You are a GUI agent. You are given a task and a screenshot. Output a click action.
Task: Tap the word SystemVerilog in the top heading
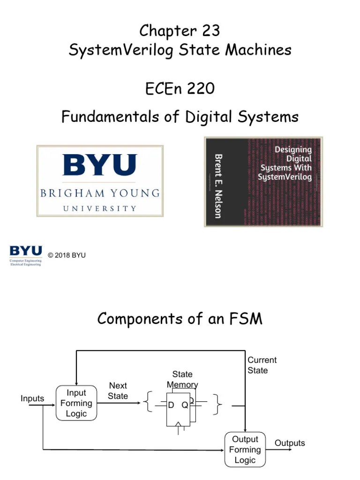point(121,50)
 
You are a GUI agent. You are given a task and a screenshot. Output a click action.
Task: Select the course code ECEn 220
point(180,88)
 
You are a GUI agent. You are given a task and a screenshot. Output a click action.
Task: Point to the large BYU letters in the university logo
point(100,165)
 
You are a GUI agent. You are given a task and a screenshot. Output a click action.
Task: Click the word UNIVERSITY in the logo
point(100,208)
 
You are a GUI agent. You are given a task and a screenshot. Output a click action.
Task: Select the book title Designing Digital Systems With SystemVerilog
point(285,163)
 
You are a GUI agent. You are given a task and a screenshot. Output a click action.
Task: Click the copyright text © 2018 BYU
point(67,255)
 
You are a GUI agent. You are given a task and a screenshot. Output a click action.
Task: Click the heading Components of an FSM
point(180,319)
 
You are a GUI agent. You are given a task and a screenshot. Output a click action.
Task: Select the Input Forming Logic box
point(76,403)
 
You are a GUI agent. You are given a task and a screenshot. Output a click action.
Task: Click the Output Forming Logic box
point(245,450)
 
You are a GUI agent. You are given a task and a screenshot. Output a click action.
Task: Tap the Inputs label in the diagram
point(32,398)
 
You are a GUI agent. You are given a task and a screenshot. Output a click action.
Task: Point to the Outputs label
point(290,443)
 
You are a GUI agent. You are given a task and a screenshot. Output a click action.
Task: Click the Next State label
point(118,390)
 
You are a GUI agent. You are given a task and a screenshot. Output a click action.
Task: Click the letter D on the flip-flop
point(171,405)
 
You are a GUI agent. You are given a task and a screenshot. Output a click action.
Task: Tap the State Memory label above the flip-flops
point(182,379)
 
